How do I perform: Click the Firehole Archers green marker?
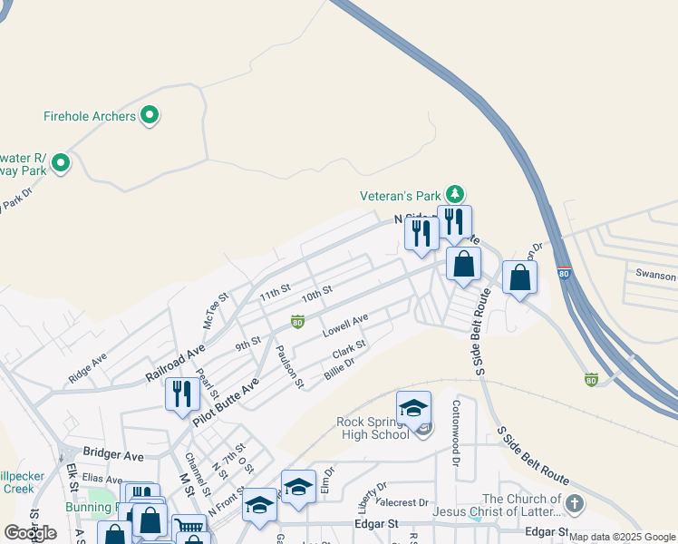click(x=151, y=115)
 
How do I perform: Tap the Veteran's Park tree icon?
click(x=455, y=193)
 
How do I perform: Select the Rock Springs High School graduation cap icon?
click(x=413, y=409)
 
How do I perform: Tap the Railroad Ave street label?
click(x=175, y=363)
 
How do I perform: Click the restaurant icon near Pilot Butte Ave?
click(x=182, y=394)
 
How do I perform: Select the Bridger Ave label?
click(x=113, y=452)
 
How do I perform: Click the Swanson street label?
click(x=655, y=275)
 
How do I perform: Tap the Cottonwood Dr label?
click(x=457, y=429)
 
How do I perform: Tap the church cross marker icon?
click(x=573, y=503)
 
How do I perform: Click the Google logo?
click(x=30, y=533)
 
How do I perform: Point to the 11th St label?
click(x=274, y=293)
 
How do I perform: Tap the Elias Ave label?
click(x=102, y=479)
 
